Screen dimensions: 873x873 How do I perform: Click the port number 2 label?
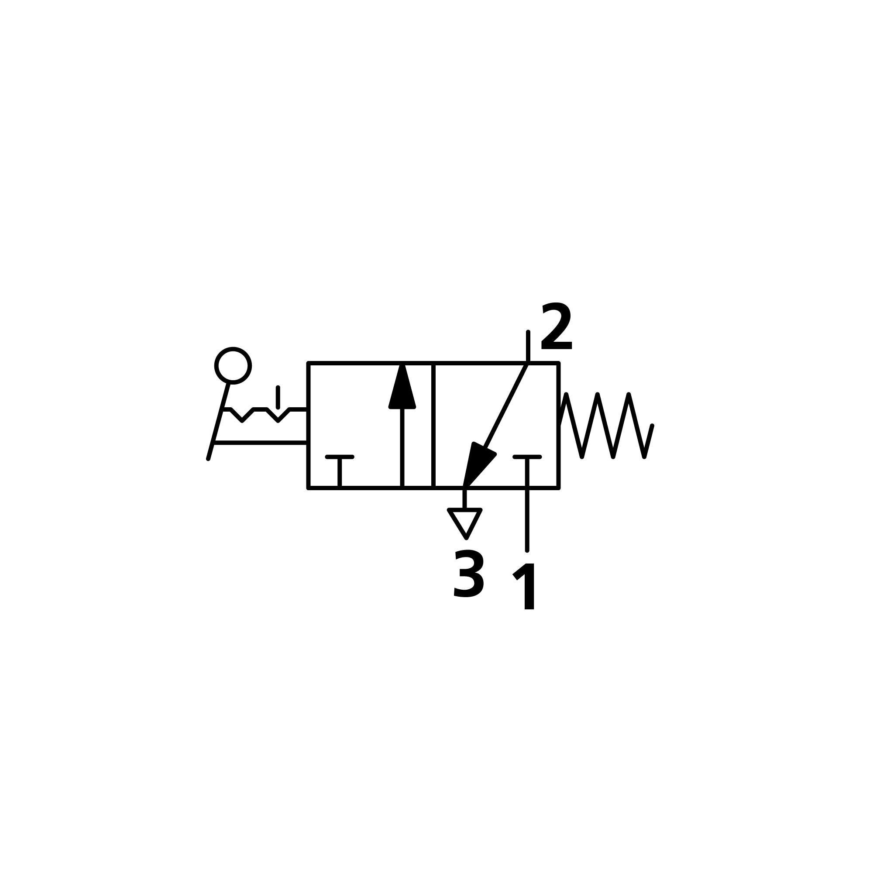coord(556,326)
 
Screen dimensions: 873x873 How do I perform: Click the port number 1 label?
coord(526,587)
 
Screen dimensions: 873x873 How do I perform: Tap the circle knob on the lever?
coord(233,365)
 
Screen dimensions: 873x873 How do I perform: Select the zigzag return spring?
coord(605,426)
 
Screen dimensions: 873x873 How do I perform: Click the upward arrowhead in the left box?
coord(402,388)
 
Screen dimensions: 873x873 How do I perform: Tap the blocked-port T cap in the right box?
coord(527,457)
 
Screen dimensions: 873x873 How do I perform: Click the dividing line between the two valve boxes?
coord(433,425)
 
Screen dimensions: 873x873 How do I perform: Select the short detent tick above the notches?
coord(278,397)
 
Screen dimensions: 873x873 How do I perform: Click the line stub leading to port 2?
coord(528,347)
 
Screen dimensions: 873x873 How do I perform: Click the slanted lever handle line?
coord(219,420)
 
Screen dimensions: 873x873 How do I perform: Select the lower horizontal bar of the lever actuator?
coord(261,443)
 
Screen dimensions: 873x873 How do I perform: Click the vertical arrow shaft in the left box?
coord(402,447)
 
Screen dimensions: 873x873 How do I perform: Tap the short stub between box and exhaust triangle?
coord(464,498)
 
